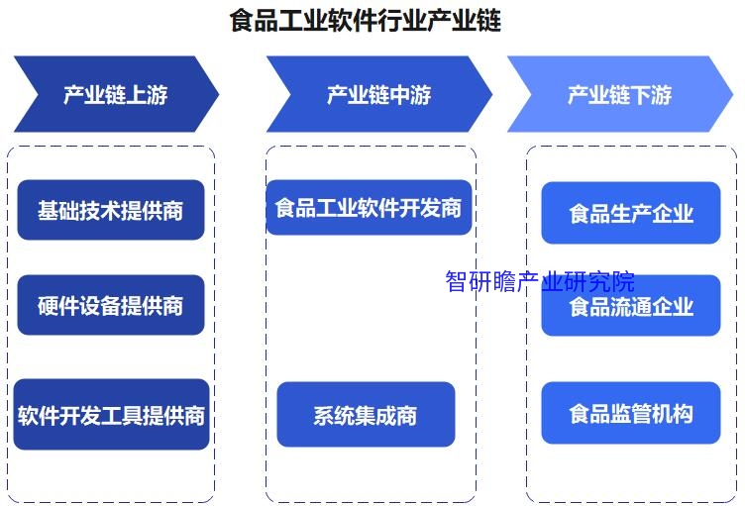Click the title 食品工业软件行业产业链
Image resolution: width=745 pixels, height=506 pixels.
pyautogui.click(x=365, y=21)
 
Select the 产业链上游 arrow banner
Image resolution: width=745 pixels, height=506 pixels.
pyautogui.click(x=117, y=94)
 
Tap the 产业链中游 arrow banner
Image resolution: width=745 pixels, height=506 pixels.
pyautogui.click(x=379, y=94)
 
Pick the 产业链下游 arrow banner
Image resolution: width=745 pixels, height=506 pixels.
pyautogui.click(x=620, y=94)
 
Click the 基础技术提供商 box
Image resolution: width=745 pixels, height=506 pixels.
pyautogui.click(x=111, y=210)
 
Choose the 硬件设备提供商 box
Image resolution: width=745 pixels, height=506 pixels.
pyautogui.click(x=111, y=305)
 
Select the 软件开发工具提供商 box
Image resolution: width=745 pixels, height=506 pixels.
pyautogui.click(x=111, y=414)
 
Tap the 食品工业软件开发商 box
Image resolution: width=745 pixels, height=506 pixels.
pyautogui.click(x=369, y=207)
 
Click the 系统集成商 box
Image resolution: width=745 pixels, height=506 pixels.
pyautogui.click(x=366, y=414)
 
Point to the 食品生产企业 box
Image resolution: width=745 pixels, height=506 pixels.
pyautogui.click(x=631, y=213)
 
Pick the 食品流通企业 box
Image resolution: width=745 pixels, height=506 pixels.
pyautogui.click(x=631, y=306)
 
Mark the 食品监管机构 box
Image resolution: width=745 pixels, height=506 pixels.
pyautogui.click(x=631, y=413)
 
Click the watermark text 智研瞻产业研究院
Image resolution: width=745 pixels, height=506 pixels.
pyautogui.click(x=540, y=281)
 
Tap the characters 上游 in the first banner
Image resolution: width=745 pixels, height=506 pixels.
pyautogui.click(x=147, y=95)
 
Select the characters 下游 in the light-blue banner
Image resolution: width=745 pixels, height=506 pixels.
pyautogui.click(x=651, y=95)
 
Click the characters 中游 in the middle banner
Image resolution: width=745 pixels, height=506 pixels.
pyautogui.click(x=410, y=95)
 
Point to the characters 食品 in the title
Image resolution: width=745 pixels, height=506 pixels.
pyautogui.click(x=254, y=21)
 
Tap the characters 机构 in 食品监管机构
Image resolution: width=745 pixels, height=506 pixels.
pyautogui.click(x=673, y=413)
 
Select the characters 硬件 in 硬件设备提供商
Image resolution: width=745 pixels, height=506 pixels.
pyautogui.click(x=58, y=306)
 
